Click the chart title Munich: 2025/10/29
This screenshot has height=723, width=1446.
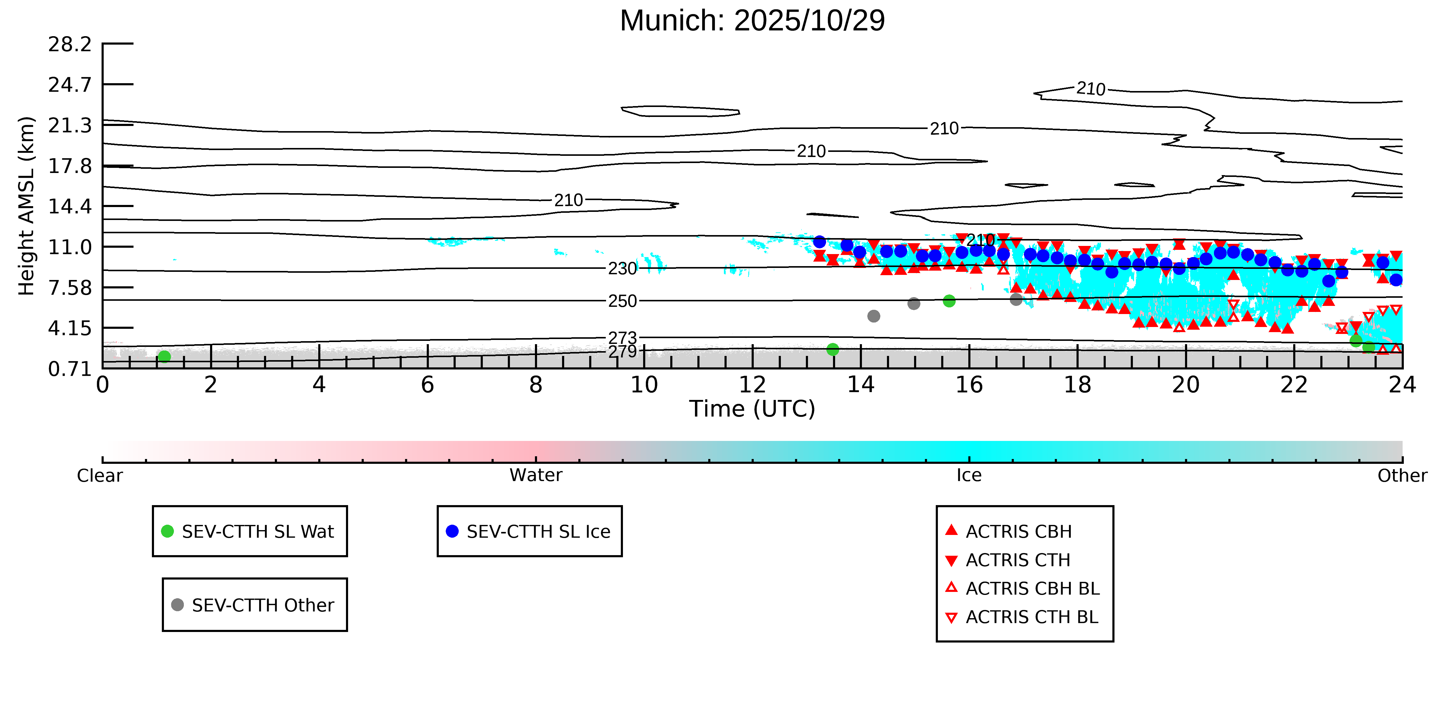point(752,21)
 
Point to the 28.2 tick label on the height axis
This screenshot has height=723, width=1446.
point(70,44)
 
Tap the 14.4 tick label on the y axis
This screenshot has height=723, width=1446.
point(70,206)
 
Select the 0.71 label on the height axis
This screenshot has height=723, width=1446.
point(70,369)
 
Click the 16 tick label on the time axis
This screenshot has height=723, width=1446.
point(970,385)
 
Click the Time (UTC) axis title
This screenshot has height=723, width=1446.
point(752,409)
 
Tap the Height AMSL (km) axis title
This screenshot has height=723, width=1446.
point(27,206)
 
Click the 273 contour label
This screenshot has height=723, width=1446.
point(623,338)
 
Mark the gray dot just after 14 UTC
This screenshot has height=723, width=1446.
point(873,316)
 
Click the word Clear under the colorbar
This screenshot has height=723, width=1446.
point(100,476)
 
